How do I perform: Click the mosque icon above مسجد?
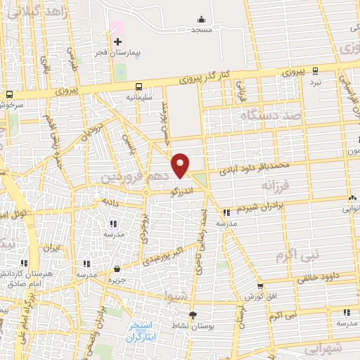point(202,20)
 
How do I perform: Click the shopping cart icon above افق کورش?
point(260,286)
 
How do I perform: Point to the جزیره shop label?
point(117,280)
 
